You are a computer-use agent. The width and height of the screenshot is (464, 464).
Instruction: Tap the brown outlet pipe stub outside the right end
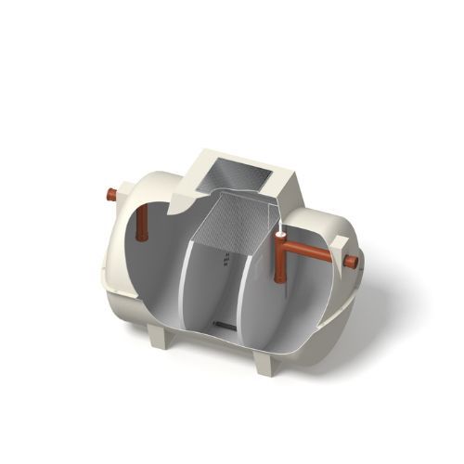pos(352,263)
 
